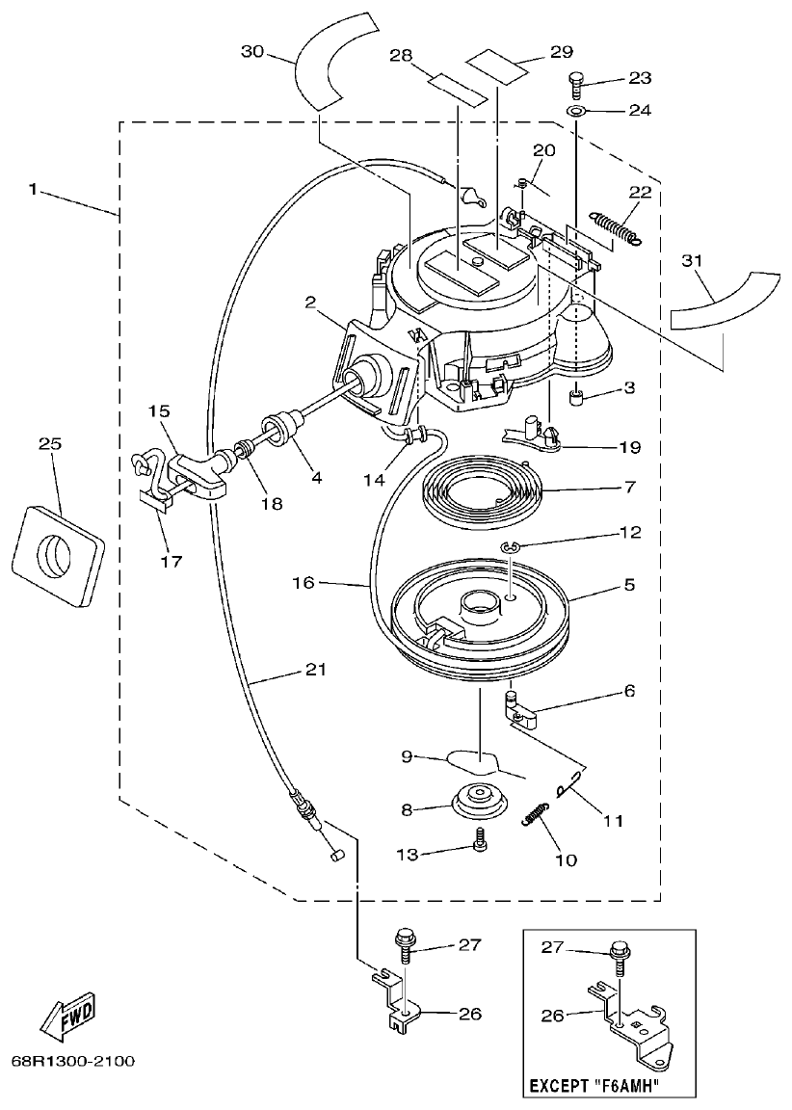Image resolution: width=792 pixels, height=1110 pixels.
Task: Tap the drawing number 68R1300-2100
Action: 73,1062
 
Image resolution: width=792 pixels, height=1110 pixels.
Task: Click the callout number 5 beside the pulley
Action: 627,584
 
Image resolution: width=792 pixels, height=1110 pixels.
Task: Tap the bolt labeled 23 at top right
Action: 577,83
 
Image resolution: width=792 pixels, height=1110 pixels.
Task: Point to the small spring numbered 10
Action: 537,813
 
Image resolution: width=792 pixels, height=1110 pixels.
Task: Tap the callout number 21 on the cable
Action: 316,670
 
